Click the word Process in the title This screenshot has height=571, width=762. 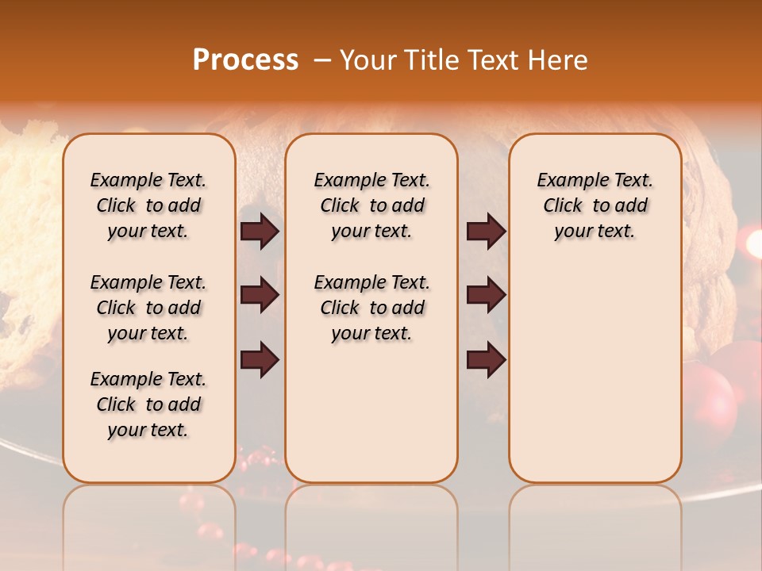click(x=245, y=60)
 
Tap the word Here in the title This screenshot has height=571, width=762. click(x=558, y=60)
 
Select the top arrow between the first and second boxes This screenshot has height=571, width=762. click(x=260, y=232)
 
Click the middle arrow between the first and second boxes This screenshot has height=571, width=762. click(x=260, y=295)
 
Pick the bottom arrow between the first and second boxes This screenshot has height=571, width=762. click(x=260, y=359)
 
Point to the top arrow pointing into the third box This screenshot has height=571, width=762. click(x=486, y=232)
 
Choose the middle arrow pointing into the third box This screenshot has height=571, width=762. click(x=486, y=295)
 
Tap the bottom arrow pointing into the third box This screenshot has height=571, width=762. click(x=486, y=359)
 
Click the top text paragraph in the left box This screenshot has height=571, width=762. click(x=148, y=205)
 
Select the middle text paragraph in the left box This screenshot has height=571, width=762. click(x=148, y=308)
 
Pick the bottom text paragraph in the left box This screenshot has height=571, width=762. click(x=148, y=404)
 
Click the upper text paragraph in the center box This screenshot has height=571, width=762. click(x=371, y=205)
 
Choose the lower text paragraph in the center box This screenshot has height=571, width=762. click(x=371, y=308)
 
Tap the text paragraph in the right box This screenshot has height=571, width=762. click(x=595, y=205)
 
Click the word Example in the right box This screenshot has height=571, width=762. click(x=568, y=180)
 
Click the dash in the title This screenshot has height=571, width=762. click(x=322, y=60)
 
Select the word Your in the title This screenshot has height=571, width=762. click(x=366, y=60)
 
